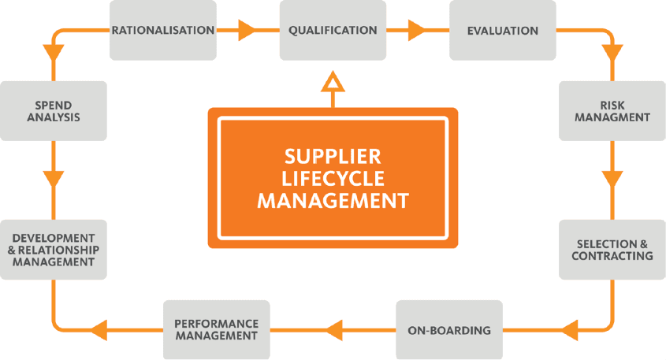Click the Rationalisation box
tap(162, 31)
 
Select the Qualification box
tap(333, 31)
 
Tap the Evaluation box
tap(502, 31)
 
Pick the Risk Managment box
tap(612, 111)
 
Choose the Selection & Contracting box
tap(612, 250)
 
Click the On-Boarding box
tap(449, 329)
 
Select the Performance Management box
tap(216, 329)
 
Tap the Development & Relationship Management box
tap(54, 250)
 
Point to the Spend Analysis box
tap(54, 111)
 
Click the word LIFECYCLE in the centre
tap(333, 178)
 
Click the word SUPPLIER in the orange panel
tap(333, 155)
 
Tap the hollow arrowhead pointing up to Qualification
tap(333, 81)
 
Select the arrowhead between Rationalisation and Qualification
tap(247, 31)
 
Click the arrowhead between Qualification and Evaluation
tap(417, 31)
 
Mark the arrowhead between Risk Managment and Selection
tap(612, 180)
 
